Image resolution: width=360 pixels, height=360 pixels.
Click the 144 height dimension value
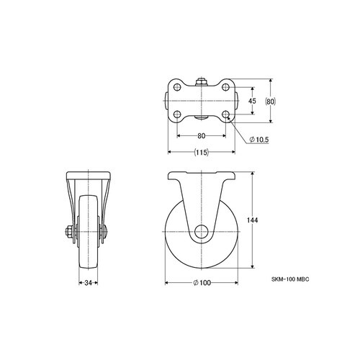[x=253, y=220]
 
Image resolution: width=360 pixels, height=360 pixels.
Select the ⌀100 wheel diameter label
[x=202, y=283]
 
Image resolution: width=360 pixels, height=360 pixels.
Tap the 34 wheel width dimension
[x=89, y=283]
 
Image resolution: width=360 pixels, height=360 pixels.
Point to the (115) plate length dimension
[x=202, y=152]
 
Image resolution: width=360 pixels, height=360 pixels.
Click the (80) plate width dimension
[x=271, y=102]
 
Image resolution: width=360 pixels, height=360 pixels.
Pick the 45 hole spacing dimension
[x=252, y=101]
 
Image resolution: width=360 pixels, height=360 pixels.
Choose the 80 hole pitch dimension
[x=202, y=136]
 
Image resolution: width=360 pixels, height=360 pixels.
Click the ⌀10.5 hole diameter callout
[x=259, y=140]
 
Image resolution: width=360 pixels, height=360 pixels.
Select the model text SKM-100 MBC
[x=290, y=279]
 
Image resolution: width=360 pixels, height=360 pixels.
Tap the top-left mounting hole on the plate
[x=177, y=87]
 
